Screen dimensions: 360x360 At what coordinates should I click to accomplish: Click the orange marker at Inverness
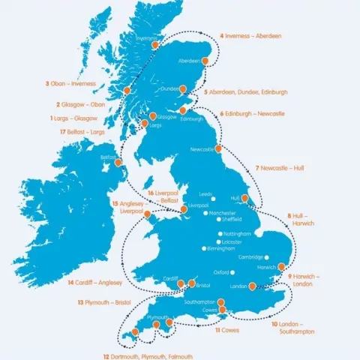tap(155, 44)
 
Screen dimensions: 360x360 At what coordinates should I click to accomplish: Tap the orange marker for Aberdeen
tap(203, 60)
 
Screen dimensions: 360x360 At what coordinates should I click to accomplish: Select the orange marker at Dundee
tap(179, 88)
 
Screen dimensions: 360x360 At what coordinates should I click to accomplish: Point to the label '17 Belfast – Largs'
tap(73, 132)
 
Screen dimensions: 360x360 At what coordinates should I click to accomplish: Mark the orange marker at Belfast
tap(118, 161)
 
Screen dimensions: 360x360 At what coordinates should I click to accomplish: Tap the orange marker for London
tap(253, 285)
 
